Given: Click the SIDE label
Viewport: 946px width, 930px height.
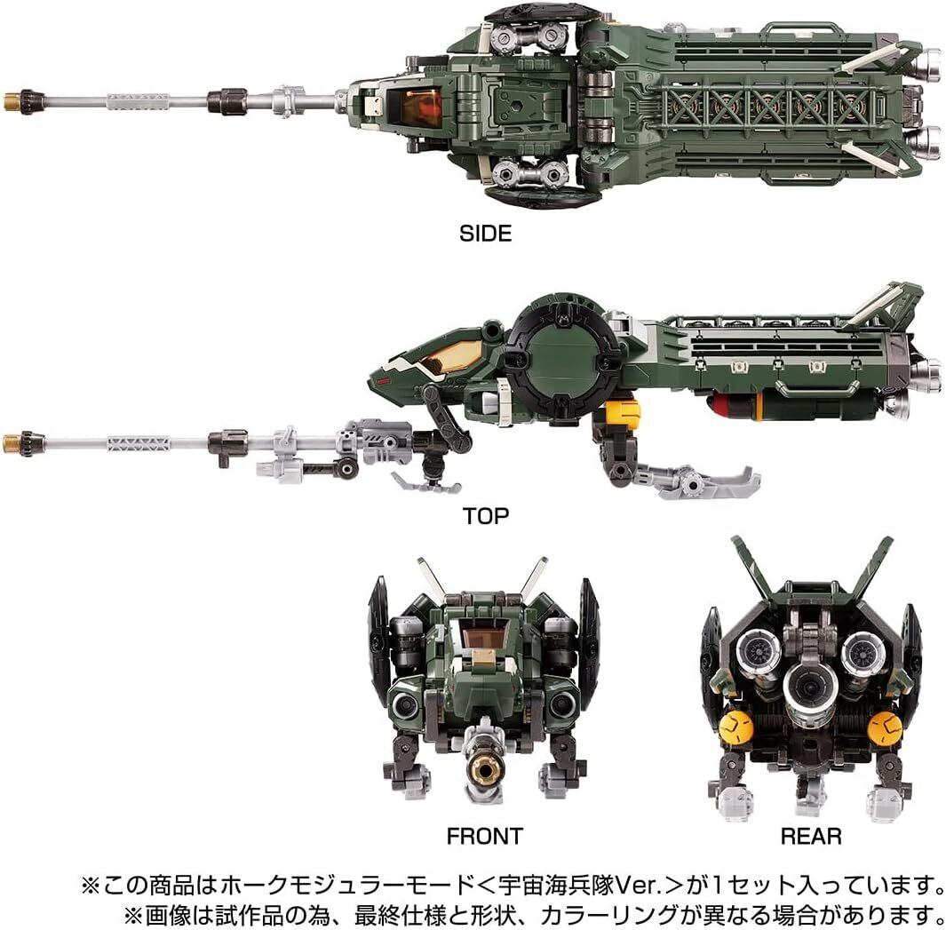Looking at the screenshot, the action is point(486,234).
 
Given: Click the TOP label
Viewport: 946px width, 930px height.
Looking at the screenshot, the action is point(485,515).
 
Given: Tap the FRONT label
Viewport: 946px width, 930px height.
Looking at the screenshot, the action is point(485,835).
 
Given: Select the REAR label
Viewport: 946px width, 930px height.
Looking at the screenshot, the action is point(810,835).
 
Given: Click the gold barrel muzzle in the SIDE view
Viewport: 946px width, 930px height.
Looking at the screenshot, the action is point(14,101).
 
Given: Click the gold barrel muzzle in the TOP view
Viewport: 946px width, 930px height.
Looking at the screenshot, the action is point(12,443).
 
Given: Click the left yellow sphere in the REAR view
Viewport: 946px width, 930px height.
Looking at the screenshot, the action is point(736,728).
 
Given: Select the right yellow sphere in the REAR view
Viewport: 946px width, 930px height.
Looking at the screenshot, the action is point(884,728).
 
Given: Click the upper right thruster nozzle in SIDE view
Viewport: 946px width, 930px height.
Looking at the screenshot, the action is point(926,60).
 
